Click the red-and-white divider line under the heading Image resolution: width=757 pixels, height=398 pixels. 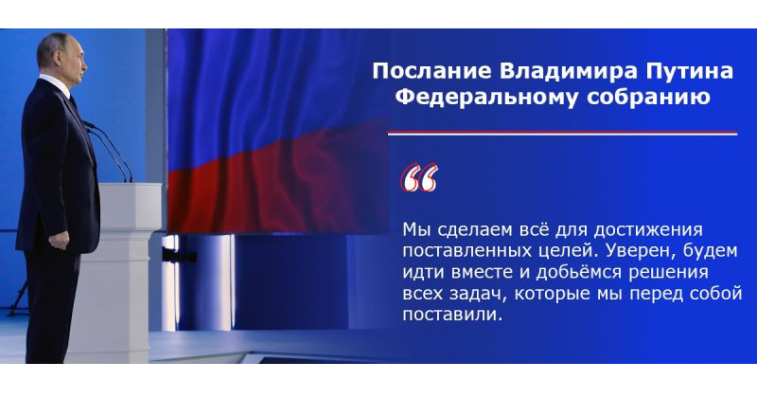tap(561, 132)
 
